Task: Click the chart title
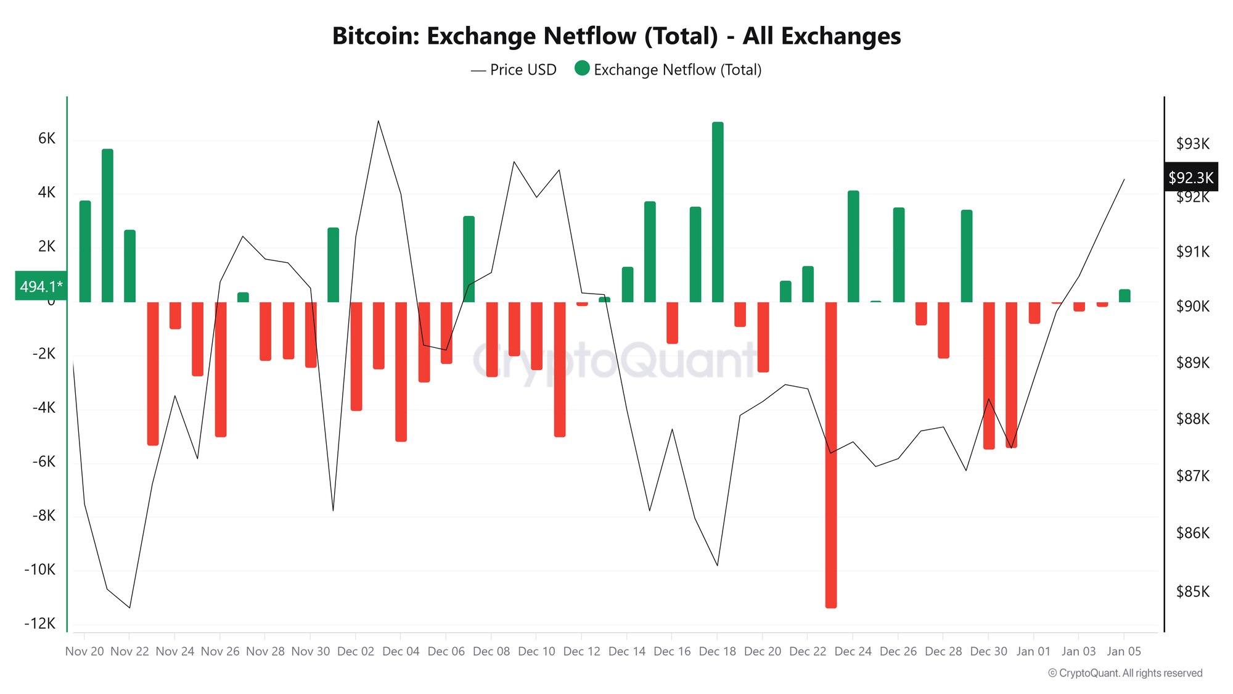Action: (616, 36)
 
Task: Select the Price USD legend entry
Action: (514, 70)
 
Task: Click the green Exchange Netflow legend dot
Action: (582, 68)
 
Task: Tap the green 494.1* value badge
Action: (41, 286)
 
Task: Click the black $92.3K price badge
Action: (1190, 178)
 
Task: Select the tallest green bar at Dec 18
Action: (718, 212)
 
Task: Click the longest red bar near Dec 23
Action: (831, 455)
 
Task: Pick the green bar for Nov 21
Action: (107, 226)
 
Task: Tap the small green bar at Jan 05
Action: (1124, 296)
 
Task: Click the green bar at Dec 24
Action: (853, 247)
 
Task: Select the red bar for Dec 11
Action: (560, 369)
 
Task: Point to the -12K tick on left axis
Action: (40, 624)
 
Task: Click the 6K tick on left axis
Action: (47, 139)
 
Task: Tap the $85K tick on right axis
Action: (1193, 592)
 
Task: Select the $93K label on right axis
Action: (1193, 144)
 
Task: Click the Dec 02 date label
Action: (356, 651)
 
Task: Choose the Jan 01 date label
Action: (1034, 651)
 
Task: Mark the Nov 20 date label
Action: (84, 651)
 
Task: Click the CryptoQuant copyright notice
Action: (1125, 673)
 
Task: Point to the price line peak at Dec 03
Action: (378, 121)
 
